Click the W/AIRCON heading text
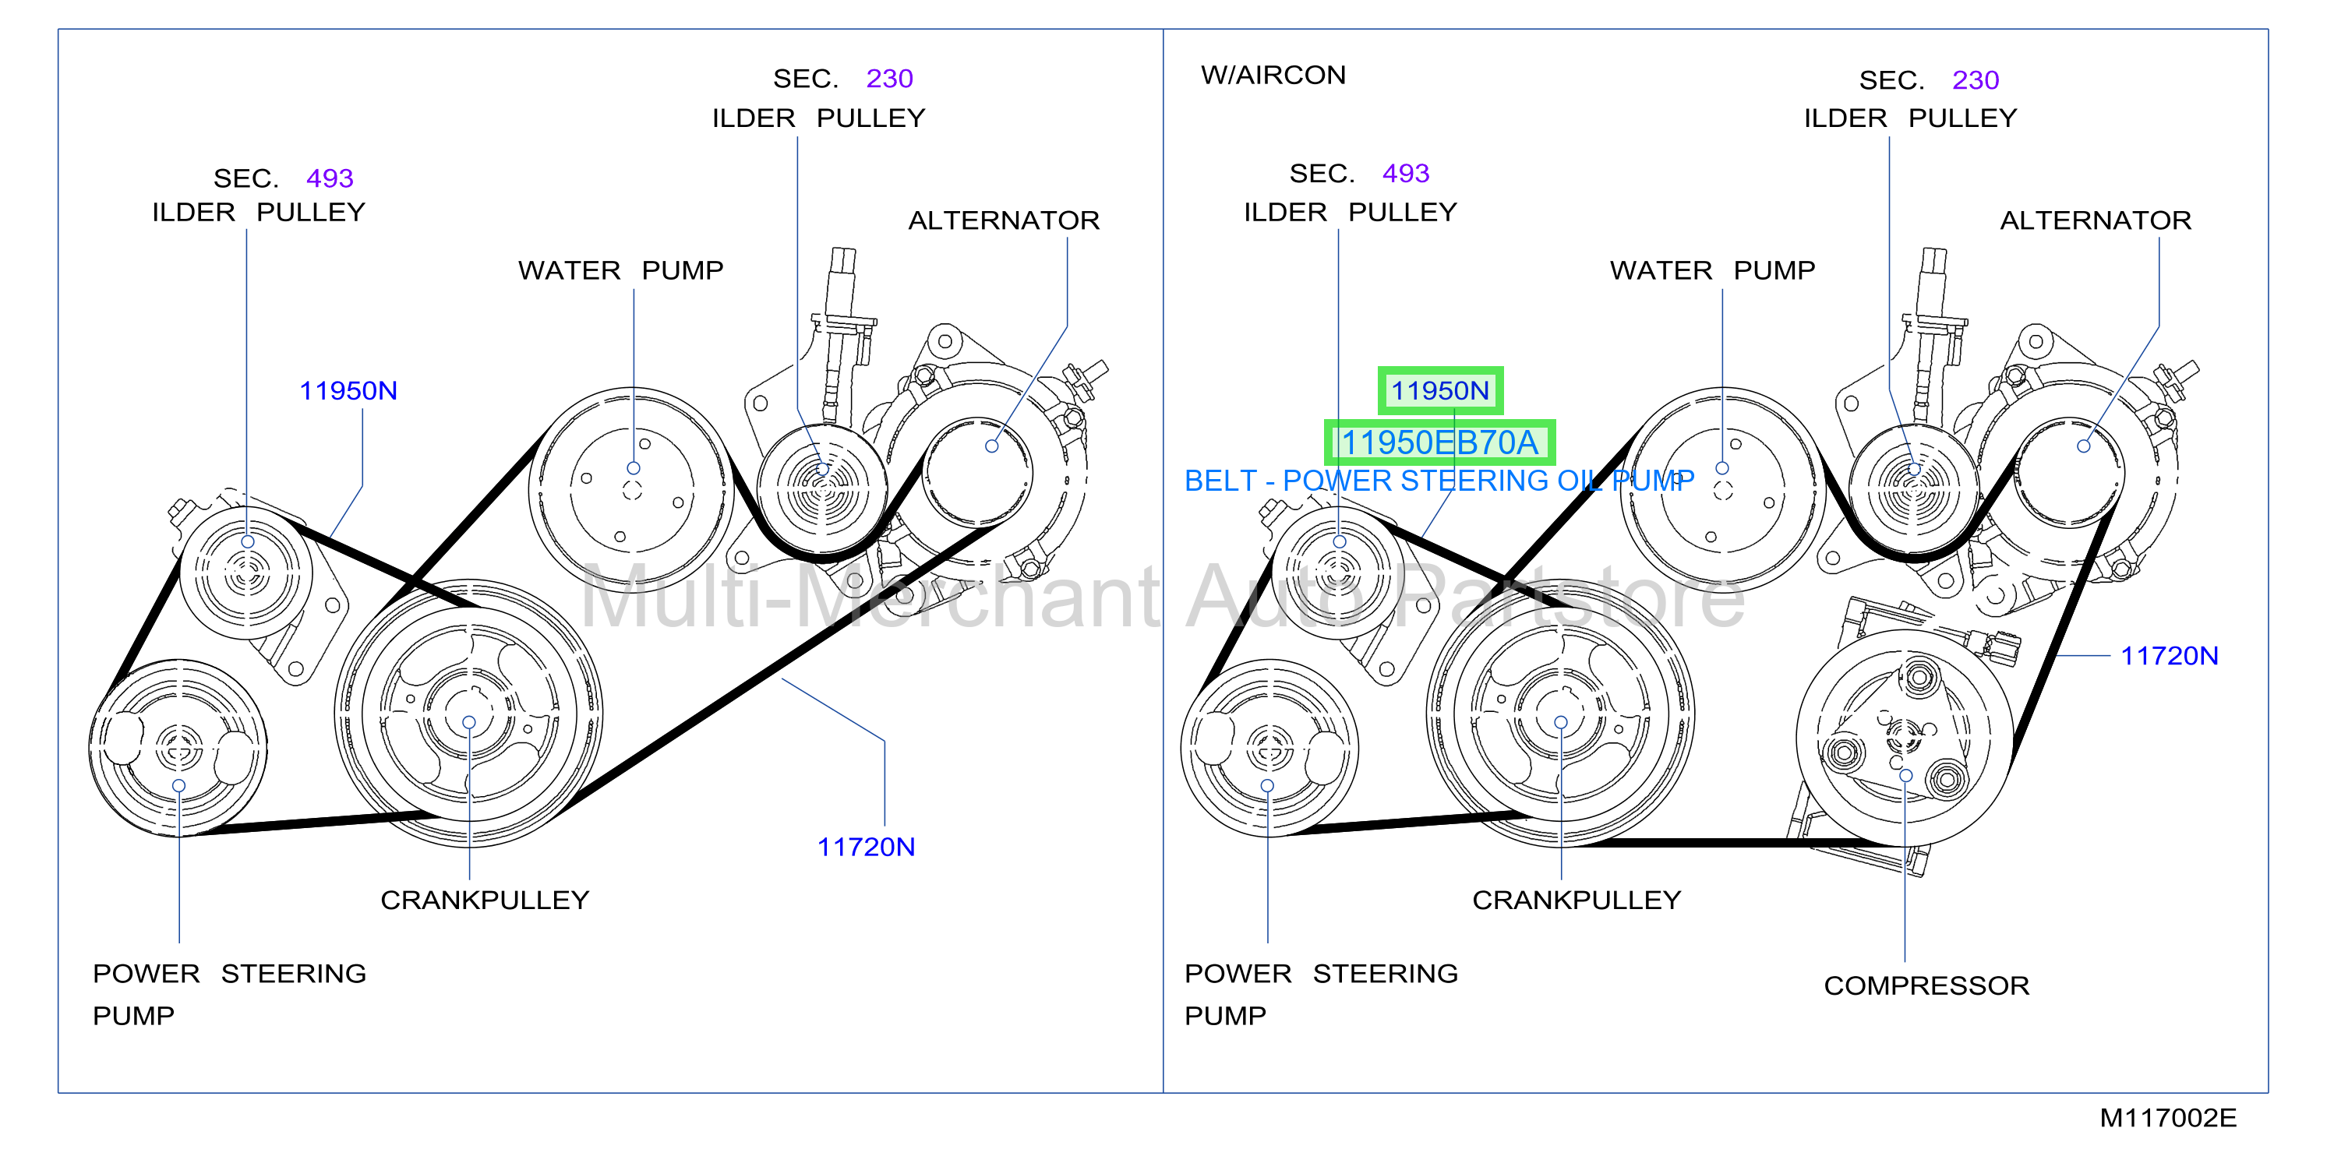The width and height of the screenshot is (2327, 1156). point(1273,75)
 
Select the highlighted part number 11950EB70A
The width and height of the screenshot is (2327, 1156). point(1439,442)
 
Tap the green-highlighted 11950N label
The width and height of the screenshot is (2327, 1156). point(1440,390)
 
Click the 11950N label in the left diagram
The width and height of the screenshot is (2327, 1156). point(348,390)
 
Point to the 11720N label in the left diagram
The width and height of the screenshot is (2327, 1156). point(865,846)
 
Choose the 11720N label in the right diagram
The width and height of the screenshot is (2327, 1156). point(2169,656)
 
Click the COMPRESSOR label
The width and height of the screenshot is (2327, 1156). point(1926,985)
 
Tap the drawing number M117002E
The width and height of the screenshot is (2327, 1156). point(2168,1118)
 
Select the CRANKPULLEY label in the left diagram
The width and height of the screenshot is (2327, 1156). point(485,900)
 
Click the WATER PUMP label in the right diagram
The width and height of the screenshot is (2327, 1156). point(1712,270)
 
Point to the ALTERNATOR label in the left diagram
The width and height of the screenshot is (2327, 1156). point(1004,220)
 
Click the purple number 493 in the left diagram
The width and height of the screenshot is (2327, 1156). point(330,178)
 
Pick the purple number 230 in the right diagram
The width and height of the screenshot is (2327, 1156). point(1976,80)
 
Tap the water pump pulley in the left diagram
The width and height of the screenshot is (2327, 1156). point(632,489)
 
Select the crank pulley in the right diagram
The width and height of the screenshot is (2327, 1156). point(1560,714)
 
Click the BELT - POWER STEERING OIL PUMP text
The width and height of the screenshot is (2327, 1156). point(1439,481)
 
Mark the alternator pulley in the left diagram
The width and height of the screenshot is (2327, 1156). point(977,471)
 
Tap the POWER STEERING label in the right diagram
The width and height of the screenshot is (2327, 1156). point(1321,974)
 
